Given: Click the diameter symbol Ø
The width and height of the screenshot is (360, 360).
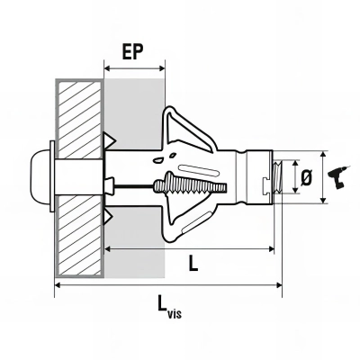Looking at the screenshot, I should (306, 177).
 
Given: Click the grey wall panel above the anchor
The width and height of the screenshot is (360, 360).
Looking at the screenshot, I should (135, 108).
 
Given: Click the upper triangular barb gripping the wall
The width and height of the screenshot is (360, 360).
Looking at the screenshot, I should (113, 139).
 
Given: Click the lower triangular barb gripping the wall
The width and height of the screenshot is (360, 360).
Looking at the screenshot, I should (113, 217).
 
